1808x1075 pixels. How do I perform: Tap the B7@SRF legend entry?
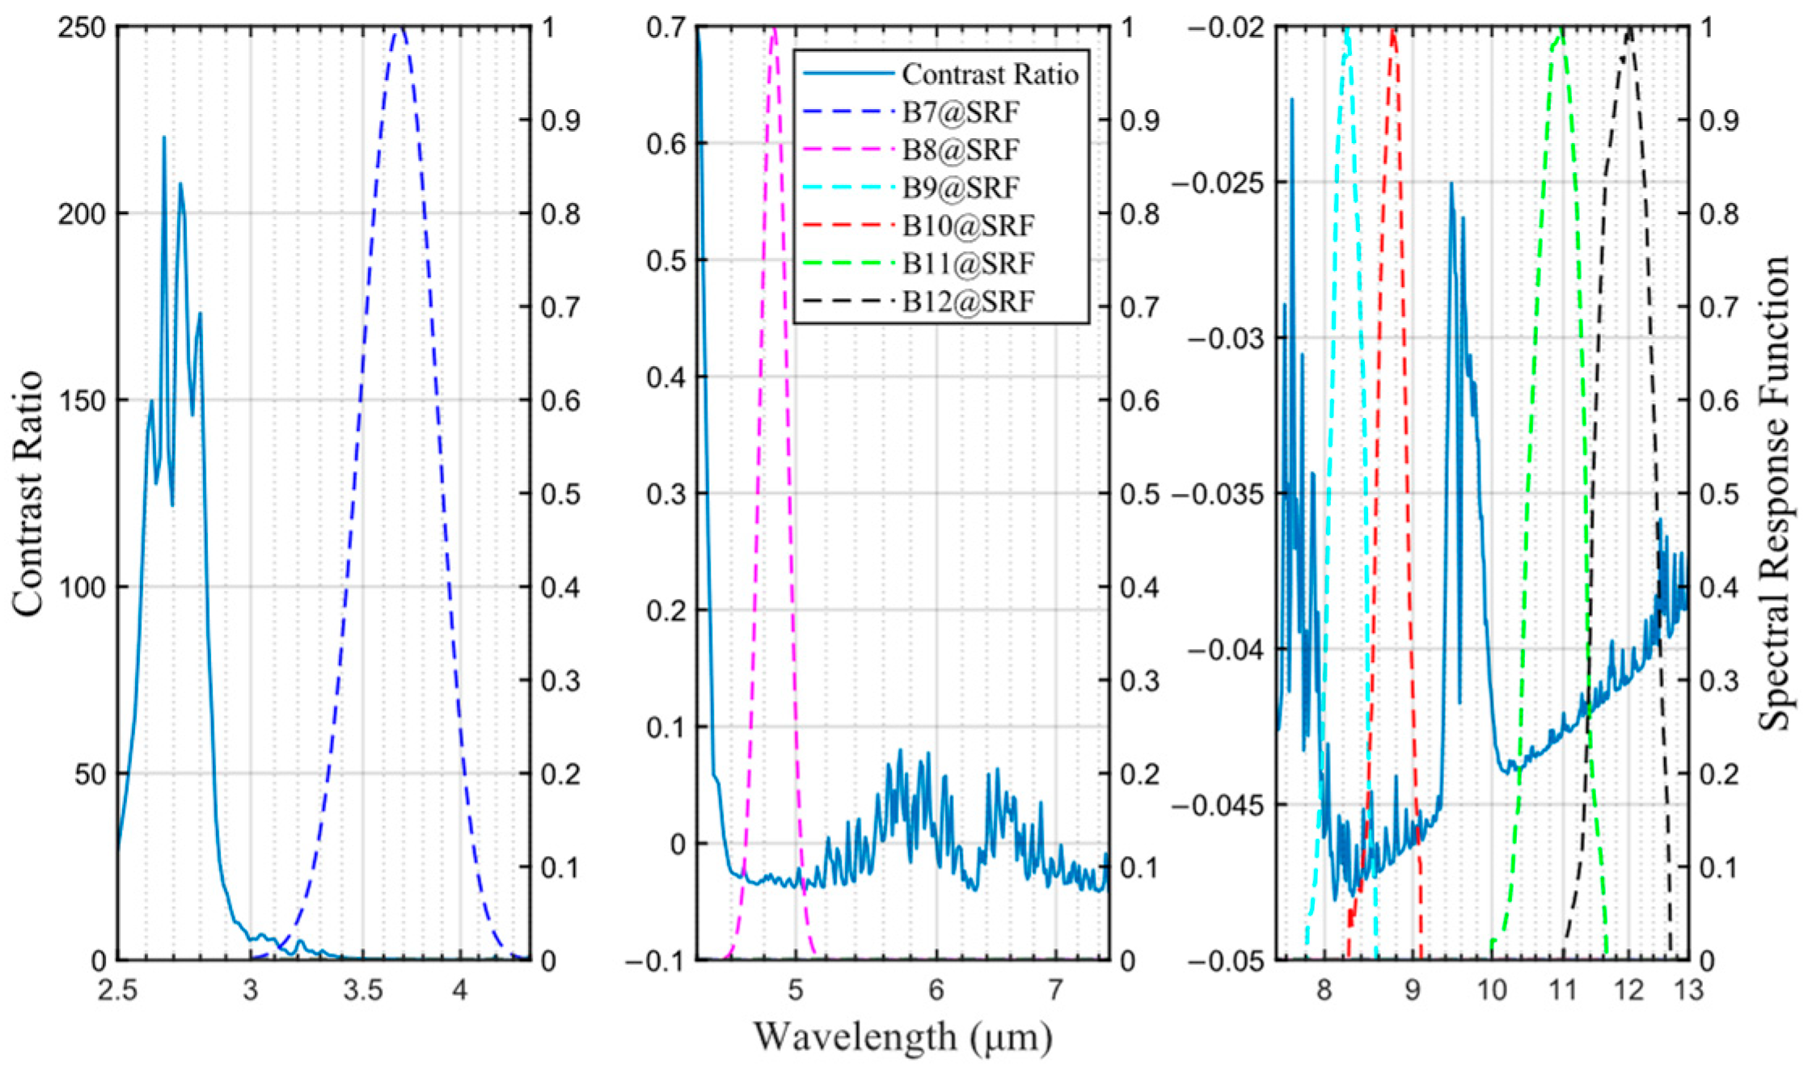[x=961, y=112]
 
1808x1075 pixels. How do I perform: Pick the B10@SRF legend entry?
[x=968, y=226]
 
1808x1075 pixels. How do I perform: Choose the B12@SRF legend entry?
[x=968, y=301]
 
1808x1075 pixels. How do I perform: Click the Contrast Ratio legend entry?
[x=990, y=74]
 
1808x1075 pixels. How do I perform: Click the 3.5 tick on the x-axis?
[x=362, y=989]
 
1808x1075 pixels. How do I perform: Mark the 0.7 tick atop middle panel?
[x=666, y=28]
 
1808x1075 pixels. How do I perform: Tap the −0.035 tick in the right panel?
[x=1217, y=493]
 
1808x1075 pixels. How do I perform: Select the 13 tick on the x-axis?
[x=1688, y=989]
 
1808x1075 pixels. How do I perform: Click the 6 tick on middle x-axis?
[x=936, y=989]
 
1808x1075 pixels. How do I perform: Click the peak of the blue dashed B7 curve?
[x=399, y=29]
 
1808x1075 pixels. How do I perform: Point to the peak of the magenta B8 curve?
[x=775, y=29]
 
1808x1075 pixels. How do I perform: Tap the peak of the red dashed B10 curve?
[x=1392, y=31]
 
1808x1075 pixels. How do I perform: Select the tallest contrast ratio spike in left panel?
[x=164, y=137]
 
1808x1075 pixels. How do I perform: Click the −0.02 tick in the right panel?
[x=1224, y=28]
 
